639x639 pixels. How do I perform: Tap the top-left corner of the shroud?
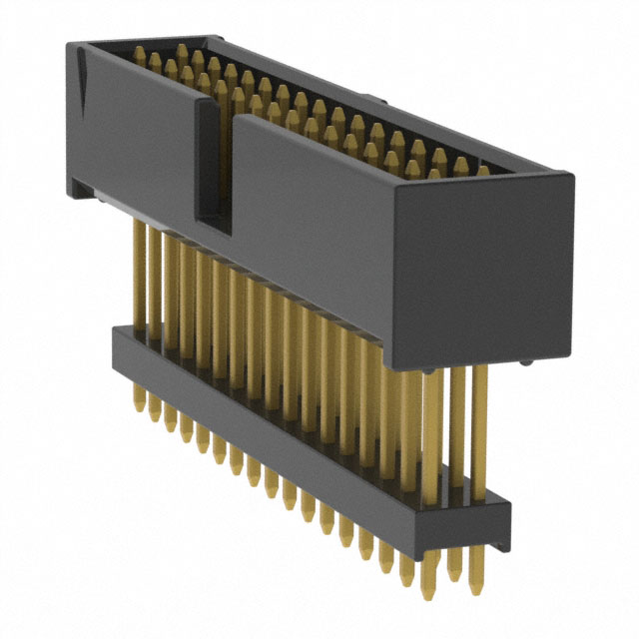[x=68, y=46]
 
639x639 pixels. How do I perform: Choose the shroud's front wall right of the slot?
[x=310, y=230]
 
